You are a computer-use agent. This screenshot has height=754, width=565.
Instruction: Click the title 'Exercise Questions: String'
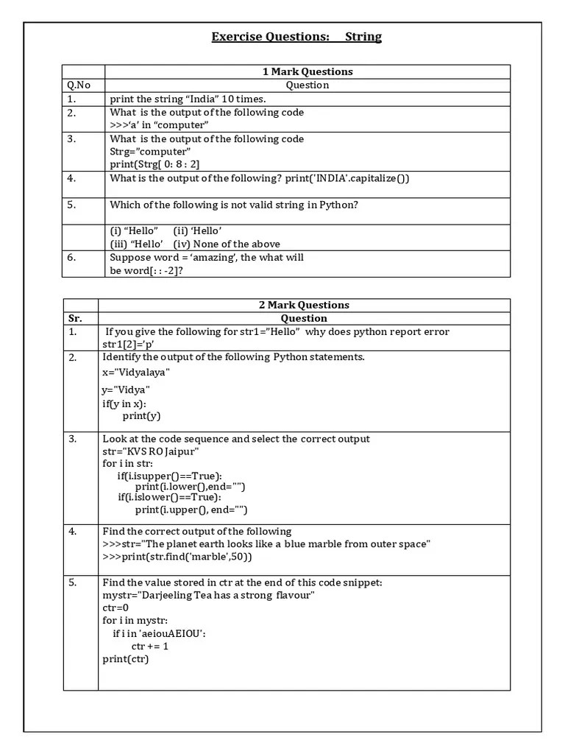click(x=296, y=37)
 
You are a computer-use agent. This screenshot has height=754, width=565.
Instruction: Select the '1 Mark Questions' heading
click(x=308, y=71)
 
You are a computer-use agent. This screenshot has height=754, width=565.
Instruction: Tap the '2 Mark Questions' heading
click(x=304, y=305)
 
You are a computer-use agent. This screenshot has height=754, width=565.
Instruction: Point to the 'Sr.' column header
click(x=75, y=318)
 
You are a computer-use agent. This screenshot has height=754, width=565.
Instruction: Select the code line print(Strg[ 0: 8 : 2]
click(x=154, y=163)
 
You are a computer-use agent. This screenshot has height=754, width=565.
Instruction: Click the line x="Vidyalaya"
click(x=136, y=373)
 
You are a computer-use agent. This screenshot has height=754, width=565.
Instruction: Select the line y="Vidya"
click(x=126, y=389)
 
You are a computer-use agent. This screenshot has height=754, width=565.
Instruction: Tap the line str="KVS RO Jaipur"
click(x=150, y=451)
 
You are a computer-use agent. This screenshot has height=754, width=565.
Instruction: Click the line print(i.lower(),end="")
click(x=190, y=486)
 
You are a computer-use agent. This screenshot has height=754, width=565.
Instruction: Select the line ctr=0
click(x=116, y=607)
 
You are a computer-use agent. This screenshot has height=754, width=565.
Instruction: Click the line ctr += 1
click(x=150, y=646)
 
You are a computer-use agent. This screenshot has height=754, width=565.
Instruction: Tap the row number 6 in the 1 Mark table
click(x=71, y=258)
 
